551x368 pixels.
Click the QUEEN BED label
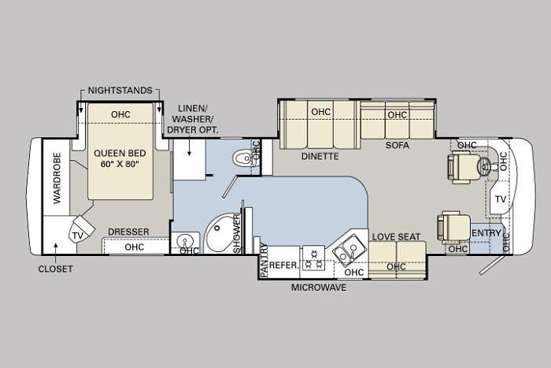click(120, 154)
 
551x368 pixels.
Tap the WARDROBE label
click(57, 177)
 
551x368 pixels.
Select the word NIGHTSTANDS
click(120, 91)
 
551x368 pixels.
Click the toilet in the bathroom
click(243, 158)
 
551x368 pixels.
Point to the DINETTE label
click(320, 157)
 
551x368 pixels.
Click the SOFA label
click(397, 145)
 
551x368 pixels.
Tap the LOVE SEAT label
click(396, 236)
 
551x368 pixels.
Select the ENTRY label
click(486, 233)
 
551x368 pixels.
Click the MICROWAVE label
click(319, 288)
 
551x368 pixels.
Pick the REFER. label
click(284, 266)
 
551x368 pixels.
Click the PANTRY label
click(264, 259)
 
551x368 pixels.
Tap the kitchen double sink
click(345, 250)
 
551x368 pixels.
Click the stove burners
click(313, 258)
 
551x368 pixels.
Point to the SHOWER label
click(238, 233)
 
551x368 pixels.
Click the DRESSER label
click(128, 232)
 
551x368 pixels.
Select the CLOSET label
click(56, 269)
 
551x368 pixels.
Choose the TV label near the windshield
click(501, 199)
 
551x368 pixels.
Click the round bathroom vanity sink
click(184, 242)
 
